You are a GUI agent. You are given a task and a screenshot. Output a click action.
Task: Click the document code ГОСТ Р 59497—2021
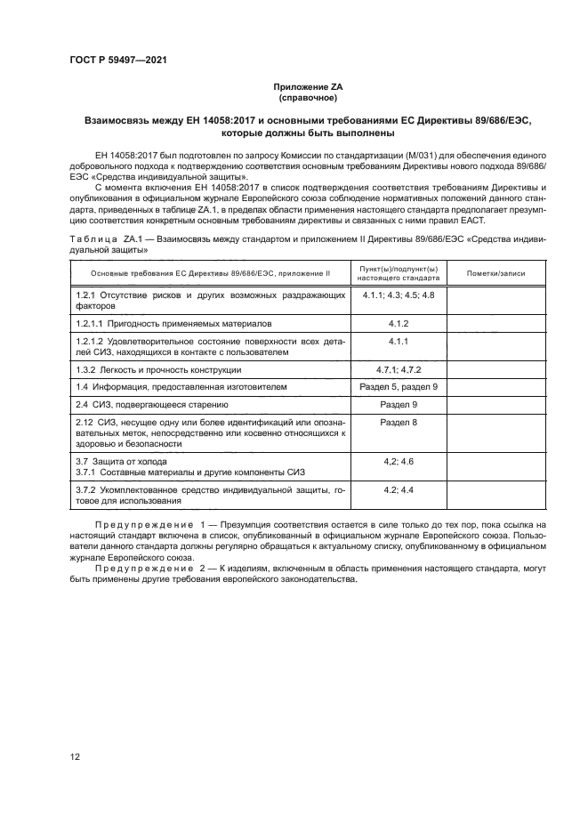tap(118, 60)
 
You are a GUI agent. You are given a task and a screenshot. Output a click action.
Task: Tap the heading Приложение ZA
tap(309, 86)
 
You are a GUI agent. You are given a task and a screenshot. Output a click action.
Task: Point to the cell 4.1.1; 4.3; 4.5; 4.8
tap(398, 294)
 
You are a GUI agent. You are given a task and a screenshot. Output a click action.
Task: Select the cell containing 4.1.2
tap(398, 323)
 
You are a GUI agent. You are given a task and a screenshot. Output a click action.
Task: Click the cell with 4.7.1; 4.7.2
tap(398, 369)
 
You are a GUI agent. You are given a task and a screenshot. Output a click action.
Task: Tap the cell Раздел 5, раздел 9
tap(398, 386)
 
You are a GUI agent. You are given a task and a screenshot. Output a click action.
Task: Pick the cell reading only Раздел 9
tap(398, 404)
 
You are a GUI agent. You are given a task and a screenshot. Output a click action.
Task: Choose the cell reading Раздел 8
tap(398, 422)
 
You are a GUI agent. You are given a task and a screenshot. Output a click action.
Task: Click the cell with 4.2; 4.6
tap(398, 461)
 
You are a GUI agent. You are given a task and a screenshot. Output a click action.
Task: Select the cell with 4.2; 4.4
tap(398, 489)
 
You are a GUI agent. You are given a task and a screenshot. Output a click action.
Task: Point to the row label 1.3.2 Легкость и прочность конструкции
tap(159, 369)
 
